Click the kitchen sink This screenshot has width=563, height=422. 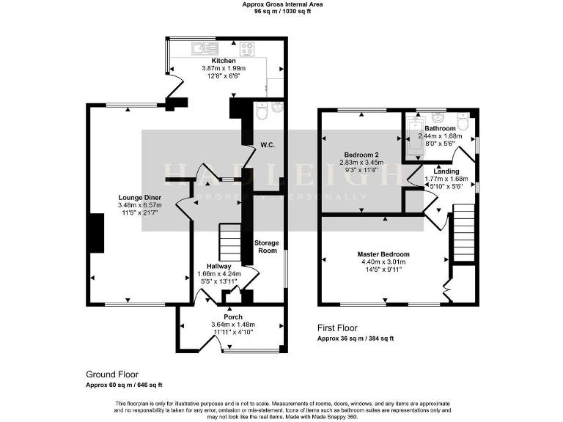pyautogui.click(x=199, y=49)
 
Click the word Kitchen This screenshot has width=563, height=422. pyautogui.click(x=224, y=61)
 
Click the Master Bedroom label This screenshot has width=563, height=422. pyautogui.click(x=384, y=253)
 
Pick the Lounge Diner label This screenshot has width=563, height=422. pyautogui.click(x=140, y=198)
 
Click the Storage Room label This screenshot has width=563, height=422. pyautogui.click(x=266, y=246)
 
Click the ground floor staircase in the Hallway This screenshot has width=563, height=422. pyautogui.click(x=229, y=242)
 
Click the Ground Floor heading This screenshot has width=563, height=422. pyautogui.click(x=111, y=374)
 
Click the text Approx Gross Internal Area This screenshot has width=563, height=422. pyautogui.click(x=281, y=4)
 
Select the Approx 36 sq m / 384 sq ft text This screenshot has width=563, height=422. pyautogui.click(x=356, y=338)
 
